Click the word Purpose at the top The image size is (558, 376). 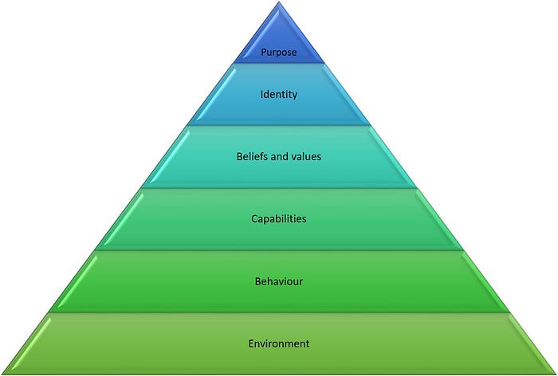coord(279,53)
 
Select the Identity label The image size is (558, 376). coord(279,94)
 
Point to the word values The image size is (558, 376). coord(307,156)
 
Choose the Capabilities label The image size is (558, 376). coord(279,218)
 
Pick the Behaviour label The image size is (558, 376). coord(279,281)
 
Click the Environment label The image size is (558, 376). coord(279,343)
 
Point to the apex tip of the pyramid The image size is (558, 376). coord(279,2)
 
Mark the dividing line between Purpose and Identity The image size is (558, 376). coord(279,63)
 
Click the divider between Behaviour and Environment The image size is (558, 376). coord(279,312)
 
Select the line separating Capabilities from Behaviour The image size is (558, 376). coord(279,250)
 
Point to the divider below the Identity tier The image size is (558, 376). coord(279,125)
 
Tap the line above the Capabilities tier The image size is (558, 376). coord(279,188)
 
